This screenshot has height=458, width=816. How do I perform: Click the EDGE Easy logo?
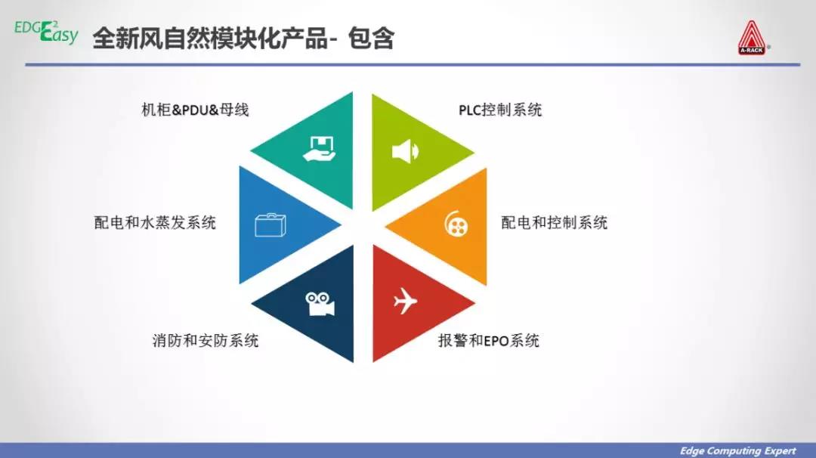(x=46, y=32)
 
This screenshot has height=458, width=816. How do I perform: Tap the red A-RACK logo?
(x=752, y=38)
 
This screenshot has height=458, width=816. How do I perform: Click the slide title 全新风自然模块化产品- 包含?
(x=243, y=38)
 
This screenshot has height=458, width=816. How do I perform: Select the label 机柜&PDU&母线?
(x=195, y=110)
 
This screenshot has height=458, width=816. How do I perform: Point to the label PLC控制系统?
(x=500, y=110)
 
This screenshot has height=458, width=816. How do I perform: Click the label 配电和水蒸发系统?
(x=155, y=223)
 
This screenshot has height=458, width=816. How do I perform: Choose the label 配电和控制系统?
(x=555, y=223)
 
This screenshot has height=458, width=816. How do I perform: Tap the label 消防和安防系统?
(x=206, y=340)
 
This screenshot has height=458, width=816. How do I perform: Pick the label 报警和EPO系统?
(x=489, y=340)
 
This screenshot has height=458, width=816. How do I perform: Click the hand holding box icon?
(x=320, y=149)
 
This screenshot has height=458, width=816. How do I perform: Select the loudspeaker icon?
(x=406, y=151)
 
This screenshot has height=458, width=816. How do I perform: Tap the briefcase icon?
(x=270, y=224)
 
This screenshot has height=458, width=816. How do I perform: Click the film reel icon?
(x=456, y=224)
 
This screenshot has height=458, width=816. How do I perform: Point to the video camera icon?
(x=320, y=303)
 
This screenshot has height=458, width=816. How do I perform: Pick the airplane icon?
(x=406, y=301)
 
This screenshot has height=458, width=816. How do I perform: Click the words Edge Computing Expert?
(x=738, y=450)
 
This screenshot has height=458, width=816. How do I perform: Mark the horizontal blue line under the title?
(x=413, y=64)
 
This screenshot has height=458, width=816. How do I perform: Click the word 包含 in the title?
(x=371, y=38)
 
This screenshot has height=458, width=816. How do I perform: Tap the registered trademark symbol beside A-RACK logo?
(x=769, y=47)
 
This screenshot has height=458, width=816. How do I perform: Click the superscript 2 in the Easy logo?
(x=55, y=24)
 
